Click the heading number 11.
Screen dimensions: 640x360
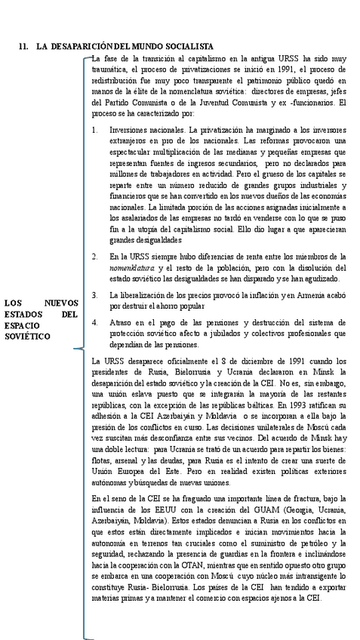22,47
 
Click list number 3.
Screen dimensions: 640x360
94,293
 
